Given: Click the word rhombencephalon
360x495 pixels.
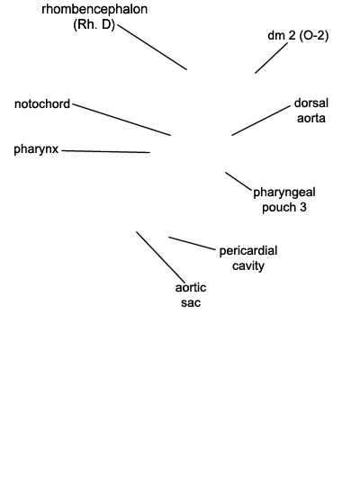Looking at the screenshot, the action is (x=94, y=10).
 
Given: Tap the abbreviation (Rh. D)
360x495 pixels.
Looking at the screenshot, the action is (x=94, y=24).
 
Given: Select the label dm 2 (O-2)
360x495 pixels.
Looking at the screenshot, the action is (x=298, y=35).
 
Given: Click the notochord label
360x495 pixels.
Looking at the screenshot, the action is (x=42, y=103).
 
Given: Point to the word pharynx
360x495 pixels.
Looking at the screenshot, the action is (x=36, y=149).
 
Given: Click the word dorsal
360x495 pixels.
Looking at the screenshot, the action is (x=311, y=103).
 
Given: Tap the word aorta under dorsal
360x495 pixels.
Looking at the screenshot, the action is (x=311, y=118).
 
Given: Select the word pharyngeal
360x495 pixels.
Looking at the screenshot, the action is (x=284, y=193).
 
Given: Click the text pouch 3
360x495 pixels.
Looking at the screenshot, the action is (x=284, y=207).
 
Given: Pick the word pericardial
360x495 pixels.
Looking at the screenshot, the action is (x=248, y=251).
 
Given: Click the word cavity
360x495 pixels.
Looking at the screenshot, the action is (x=248, y=265).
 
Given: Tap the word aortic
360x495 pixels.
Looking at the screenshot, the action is (x=191, y=288).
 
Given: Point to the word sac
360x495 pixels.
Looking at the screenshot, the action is (x=191, y=302).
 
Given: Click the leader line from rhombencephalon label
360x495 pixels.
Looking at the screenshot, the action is (x=152, y=47).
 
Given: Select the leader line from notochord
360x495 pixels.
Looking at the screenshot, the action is (x=121, y=120).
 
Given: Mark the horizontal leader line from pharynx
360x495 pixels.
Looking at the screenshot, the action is (x=106, y=151).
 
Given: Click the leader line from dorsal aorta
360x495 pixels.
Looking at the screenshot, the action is (x=261, y=121).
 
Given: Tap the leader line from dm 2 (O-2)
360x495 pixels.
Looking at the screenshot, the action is (x=272, y=58).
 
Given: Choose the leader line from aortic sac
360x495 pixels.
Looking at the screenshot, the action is (x=161, y=257).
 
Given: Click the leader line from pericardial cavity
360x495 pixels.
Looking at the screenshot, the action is (x=192, y=243).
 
